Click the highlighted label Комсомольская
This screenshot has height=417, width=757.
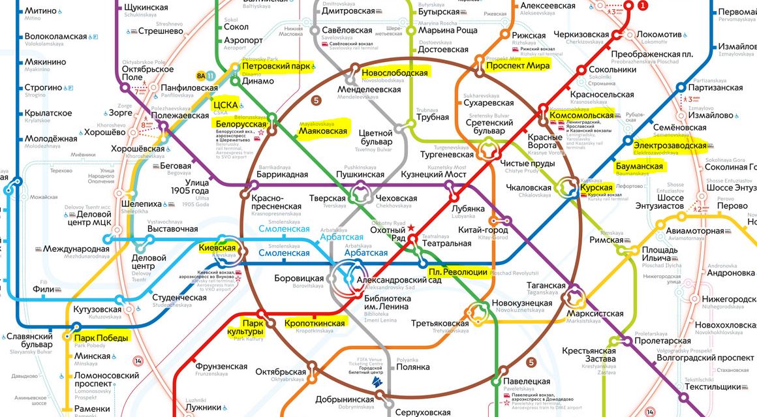[582, 115]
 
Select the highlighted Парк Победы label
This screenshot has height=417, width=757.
[101, 337]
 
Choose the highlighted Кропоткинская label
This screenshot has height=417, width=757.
[315, 323]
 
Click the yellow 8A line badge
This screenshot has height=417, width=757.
[200, 75]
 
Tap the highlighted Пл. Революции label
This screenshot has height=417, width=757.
[458, 271]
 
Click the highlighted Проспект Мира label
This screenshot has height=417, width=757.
[518, 65]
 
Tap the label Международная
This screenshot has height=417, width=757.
[77, 249]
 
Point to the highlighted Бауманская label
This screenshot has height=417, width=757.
[639, 166]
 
